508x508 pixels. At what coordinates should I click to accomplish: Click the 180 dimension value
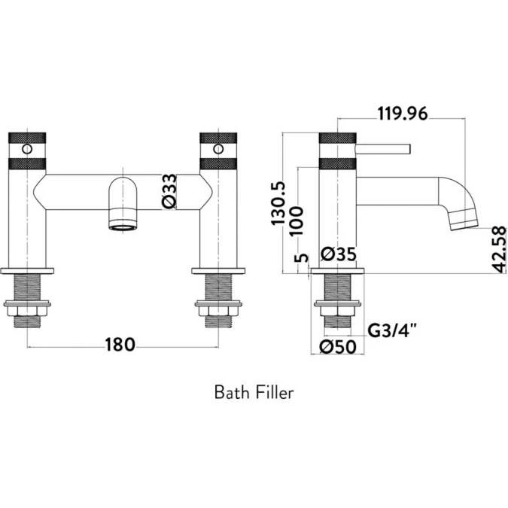(x=120, y=345)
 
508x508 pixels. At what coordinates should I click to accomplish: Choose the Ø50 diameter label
(x=336, y=347)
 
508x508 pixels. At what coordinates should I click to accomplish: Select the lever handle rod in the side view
(x=384, y=148)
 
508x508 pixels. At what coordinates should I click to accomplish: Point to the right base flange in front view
(x=218, y=269)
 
